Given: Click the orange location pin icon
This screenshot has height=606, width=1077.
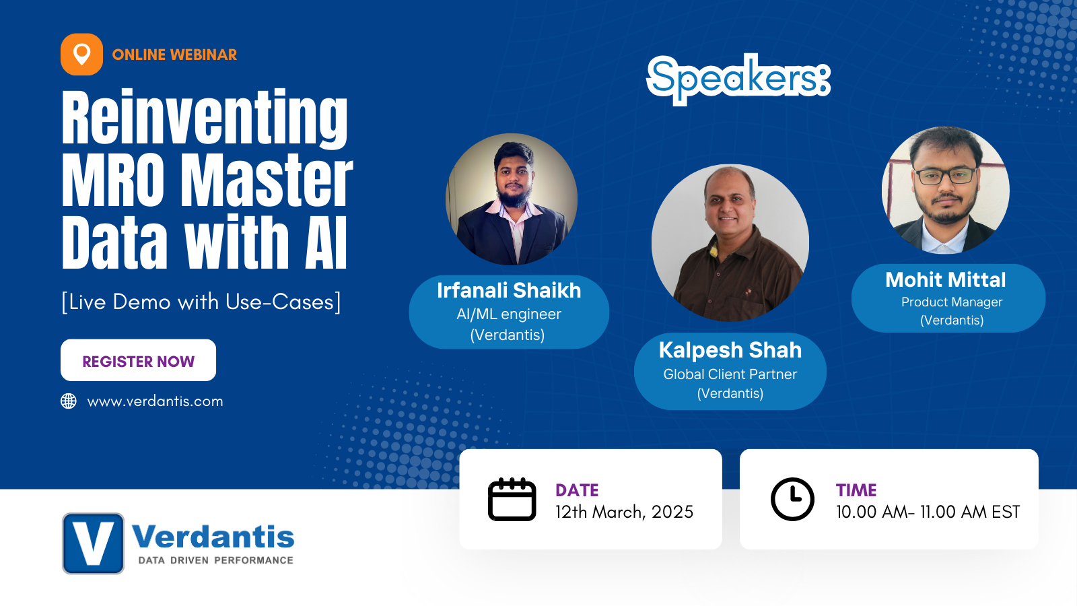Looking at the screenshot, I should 81,55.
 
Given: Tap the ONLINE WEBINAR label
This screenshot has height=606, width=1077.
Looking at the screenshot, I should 174,55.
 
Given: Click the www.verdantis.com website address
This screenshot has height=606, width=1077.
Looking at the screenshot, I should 155,401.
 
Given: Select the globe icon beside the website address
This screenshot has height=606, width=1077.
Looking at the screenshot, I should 69,401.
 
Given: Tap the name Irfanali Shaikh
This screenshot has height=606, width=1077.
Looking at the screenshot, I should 509,290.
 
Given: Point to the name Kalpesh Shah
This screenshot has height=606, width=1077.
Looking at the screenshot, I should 730,350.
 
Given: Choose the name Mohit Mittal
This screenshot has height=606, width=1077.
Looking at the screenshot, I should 946,279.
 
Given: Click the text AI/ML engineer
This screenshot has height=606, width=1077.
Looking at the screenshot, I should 509,314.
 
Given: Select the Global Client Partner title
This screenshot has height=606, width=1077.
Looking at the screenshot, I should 730,374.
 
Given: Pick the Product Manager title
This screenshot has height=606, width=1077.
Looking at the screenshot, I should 952,302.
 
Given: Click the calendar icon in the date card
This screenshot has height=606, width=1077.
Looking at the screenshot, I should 512,500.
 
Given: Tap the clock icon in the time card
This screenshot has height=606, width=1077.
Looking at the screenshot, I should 792,500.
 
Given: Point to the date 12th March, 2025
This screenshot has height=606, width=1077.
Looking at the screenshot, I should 624,512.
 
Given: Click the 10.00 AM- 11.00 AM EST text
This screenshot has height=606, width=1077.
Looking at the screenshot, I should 928,512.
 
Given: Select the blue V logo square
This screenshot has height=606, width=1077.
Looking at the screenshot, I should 94,543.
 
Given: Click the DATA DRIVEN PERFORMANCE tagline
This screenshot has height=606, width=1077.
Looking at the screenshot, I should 215,560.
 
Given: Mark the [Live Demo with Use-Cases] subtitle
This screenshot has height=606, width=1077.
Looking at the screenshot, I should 201,302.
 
